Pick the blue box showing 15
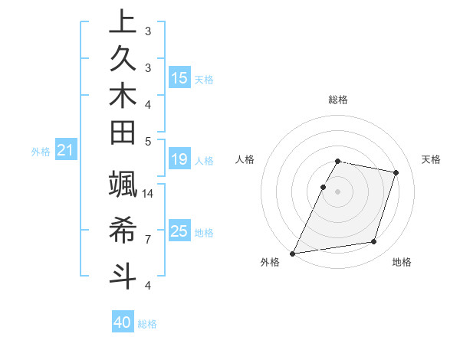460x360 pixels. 179,77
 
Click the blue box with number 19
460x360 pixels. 179,159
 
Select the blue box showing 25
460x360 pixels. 179,231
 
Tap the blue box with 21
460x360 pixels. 66,151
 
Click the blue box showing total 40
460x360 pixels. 123,322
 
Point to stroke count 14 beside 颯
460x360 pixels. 148,193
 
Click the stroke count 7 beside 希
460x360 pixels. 148,239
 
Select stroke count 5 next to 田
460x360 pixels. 148,141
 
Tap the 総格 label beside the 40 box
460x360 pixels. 147,324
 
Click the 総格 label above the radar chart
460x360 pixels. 338,100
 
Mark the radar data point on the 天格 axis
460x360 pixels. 396,172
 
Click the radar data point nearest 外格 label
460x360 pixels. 293,253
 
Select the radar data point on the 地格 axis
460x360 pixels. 374,242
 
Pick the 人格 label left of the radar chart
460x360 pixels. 245,159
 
